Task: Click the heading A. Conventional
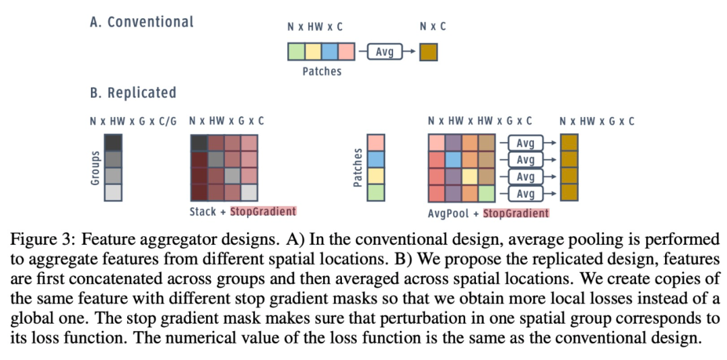(141, 22)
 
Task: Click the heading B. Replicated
(133, 93)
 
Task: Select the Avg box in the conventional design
(384, 51)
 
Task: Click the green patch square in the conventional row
(296, 51)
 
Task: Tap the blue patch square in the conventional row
(330, 51)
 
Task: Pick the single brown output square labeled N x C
(428, 52)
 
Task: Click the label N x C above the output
(433, 26)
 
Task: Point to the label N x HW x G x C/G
(133, 121)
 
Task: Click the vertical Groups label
(96, 168)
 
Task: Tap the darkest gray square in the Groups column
(113, 143)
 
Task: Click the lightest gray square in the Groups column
(113, 192)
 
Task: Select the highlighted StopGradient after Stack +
(263, 212)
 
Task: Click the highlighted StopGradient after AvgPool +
(516, 213)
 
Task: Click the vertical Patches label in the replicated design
(358, 168)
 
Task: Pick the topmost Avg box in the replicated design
(525, 143)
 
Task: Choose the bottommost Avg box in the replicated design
(525, 192)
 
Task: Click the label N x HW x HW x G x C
(480, 121)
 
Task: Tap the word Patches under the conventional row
(322, 72)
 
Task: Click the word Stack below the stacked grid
(203, 212)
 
